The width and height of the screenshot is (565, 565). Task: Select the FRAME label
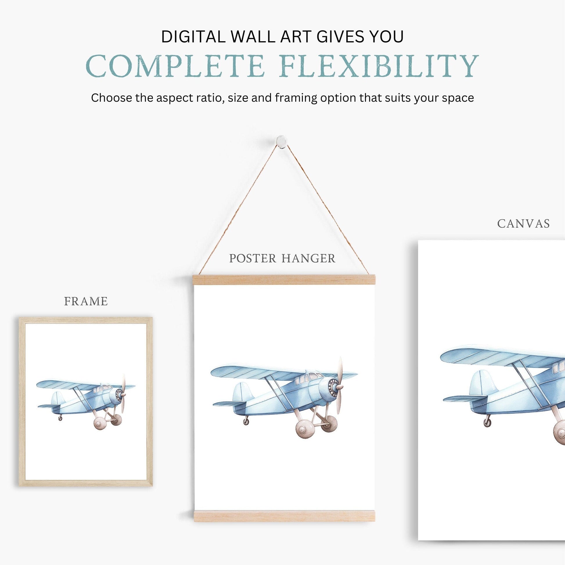pos(86,301)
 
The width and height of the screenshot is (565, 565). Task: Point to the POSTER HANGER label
pos(282,258)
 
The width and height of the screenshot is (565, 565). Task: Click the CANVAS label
pos(523,224)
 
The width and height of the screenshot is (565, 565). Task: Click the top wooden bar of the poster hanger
pos(284,280)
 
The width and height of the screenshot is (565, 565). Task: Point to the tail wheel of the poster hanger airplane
pos(246,421)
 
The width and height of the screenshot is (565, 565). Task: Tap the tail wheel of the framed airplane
pos(60,418)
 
